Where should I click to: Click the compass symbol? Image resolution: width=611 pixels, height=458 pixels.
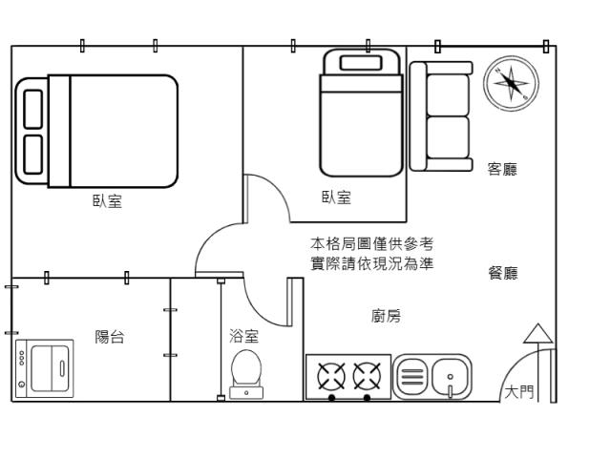pos(512,84)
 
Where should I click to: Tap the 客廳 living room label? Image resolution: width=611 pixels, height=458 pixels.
pos(502,170)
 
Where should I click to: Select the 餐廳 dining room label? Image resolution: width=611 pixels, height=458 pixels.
pos(502,273)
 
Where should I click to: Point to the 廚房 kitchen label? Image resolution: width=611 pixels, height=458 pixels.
pos(386,316)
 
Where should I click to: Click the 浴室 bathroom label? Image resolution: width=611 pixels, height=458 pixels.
pos(243,336)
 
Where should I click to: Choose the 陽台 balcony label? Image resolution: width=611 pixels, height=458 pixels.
pos(109,337)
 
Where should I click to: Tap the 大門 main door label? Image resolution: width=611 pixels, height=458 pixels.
pos(519,391)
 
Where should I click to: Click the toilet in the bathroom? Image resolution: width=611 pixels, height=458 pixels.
pos(246,370)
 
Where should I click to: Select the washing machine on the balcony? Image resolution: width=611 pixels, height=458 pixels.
pos(45,367)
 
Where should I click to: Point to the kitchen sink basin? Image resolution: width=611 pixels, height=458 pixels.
pos(450,376)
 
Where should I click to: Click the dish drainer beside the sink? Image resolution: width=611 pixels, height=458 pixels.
pos(411,376)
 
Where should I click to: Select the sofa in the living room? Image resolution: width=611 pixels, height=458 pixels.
pos(442,116)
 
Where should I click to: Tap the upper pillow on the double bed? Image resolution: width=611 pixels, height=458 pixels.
pos(32,109)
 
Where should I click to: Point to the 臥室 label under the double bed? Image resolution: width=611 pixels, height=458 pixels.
pos(107,201)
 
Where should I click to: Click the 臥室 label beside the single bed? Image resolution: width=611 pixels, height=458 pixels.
pos(336,198)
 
